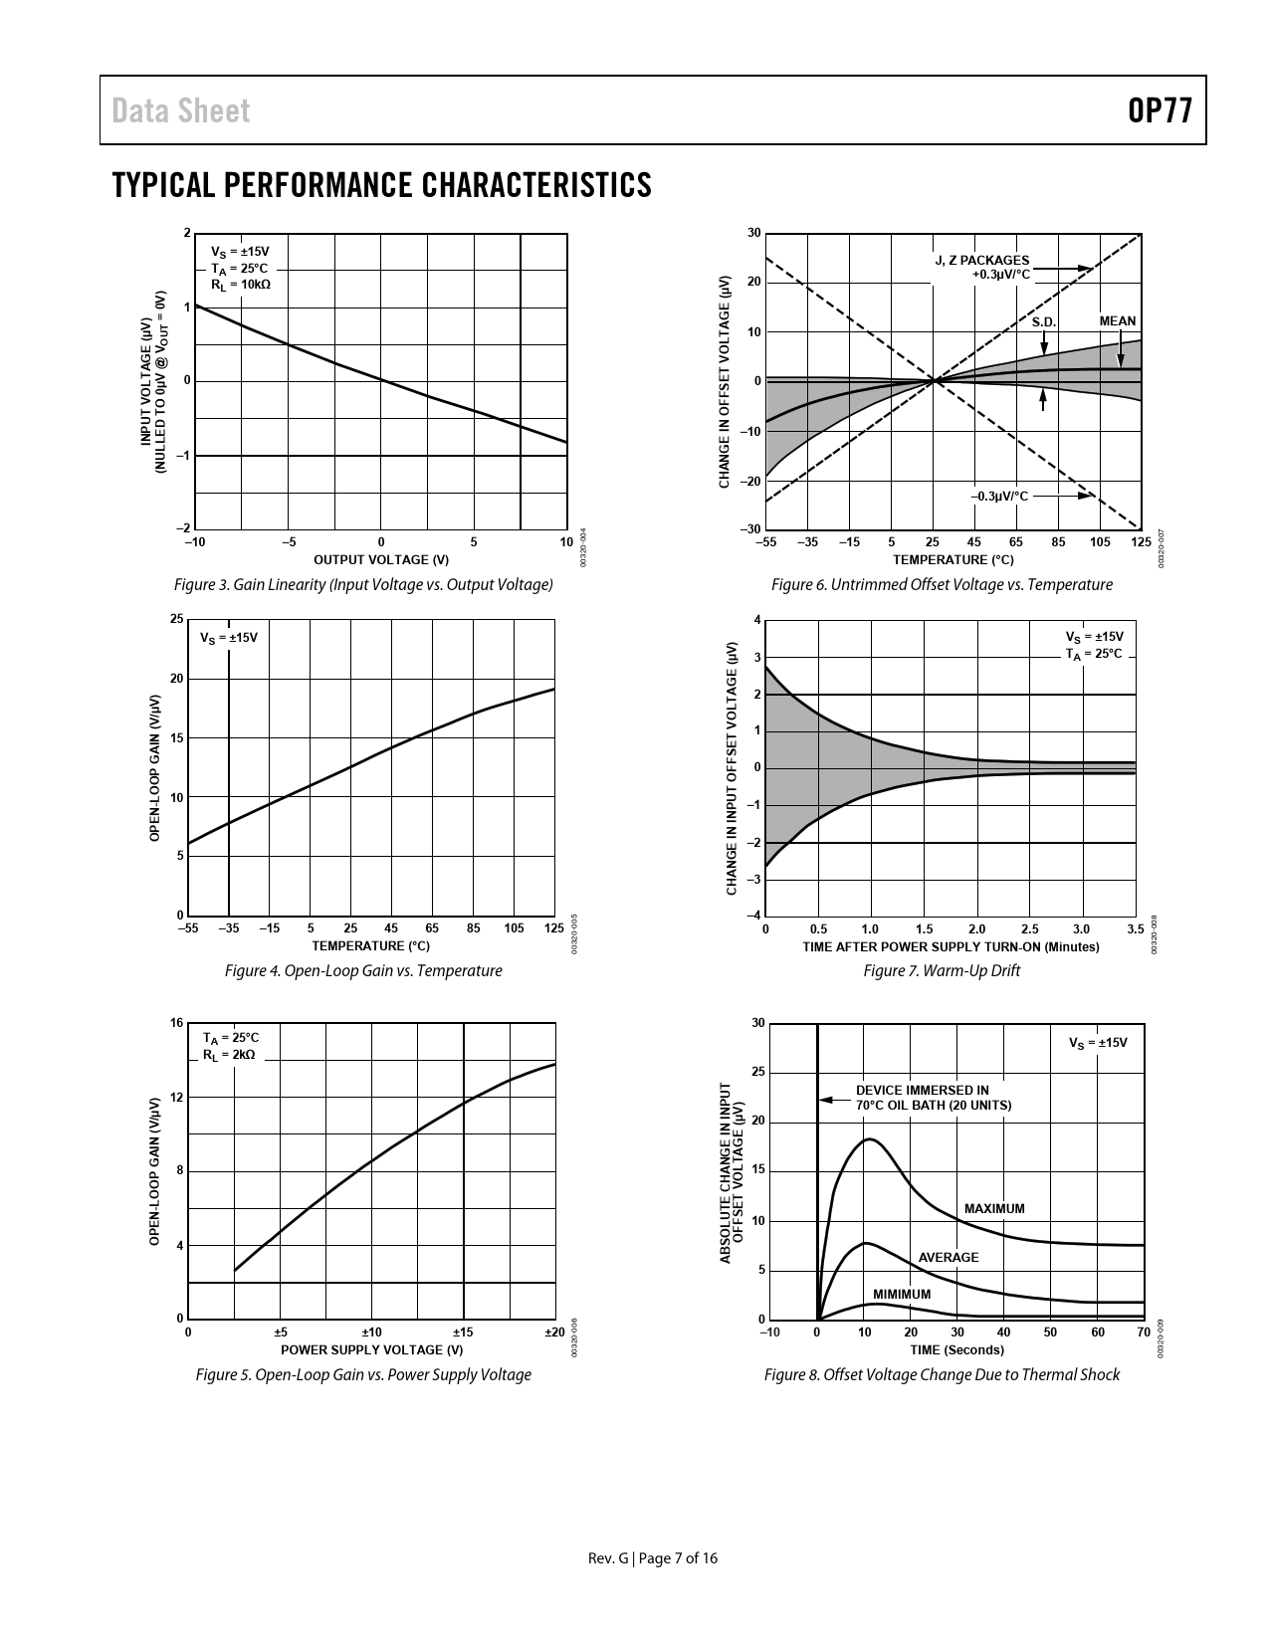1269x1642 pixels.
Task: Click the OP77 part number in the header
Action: [x=1160, y=110]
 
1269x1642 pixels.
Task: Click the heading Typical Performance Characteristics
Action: [x=382, y=185]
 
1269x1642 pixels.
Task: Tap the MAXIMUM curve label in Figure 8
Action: [x=993, y=1209]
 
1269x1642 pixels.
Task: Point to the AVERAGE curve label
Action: [x=948, y=1258]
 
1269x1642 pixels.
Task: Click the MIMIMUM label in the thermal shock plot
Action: [x=902, y=1295]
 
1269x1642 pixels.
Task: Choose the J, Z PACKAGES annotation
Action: [x=981, y=261]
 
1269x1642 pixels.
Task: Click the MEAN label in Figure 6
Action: [x=1117, y=321]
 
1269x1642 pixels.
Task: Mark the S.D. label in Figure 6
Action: [x=1043, y=322]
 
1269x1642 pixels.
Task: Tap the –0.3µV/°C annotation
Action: [x=999, y=496]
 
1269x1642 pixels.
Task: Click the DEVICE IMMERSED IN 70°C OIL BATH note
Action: [x=933, y=1098]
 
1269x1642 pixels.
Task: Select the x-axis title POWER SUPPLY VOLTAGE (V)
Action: [x=371, y=1349]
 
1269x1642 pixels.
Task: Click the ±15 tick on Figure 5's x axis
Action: [x=463, y=1333]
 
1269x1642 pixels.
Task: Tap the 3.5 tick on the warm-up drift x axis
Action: [x=1136, y=929]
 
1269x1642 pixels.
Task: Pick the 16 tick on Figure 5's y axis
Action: [x=176, y=1023]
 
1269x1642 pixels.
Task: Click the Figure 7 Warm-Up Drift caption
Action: [x=942, y=971]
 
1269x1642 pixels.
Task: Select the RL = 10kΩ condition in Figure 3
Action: [x=240, y=285]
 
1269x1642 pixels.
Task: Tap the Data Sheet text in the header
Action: [x=181, y=110]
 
